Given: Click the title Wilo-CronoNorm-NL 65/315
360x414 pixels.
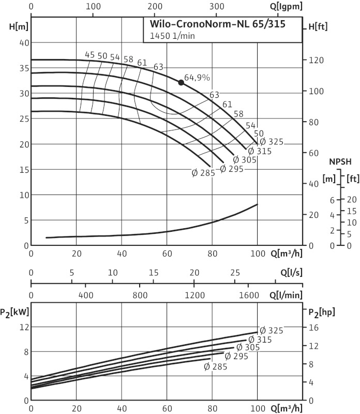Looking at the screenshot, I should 217,24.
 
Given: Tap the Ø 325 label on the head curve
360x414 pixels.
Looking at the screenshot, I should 271,142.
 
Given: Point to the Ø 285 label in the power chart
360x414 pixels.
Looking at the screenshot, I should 216,366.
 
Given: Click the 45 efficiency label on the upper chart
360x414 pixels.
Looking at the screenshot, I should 90,55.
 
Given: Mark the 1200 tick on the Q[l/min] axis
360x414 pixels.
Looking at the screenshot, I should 194,295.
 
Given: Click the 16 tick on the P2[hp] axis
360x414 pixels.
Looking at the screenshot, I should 312,327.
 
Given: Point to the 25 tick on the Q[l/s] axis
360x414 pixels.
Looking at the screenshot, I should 235,272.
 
